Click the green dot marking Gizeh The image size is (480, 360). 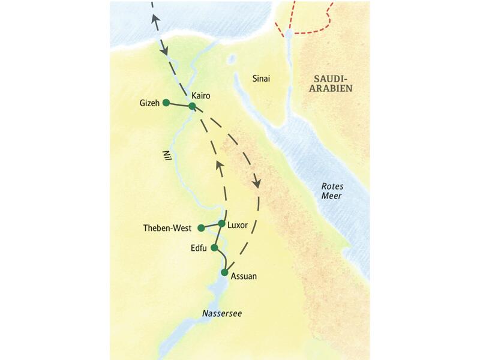coord(166,102)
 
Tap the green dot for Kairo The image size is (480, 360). coord(192,106)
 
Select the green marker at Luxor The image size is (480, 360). coord(221,224)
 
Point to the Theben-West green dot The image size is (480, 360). coord(201,228)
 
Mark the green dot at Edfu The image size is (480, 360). coord(214,247)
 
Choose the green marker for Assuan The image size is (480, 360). coord(224,272)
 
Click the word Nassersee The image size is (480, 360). coord(221,314)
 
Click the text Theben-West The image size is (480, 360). coord(167,228)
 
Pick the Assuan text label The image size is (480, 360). coord(244,277)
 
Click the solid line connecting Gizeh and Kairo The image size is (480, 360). coord(179,104)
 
